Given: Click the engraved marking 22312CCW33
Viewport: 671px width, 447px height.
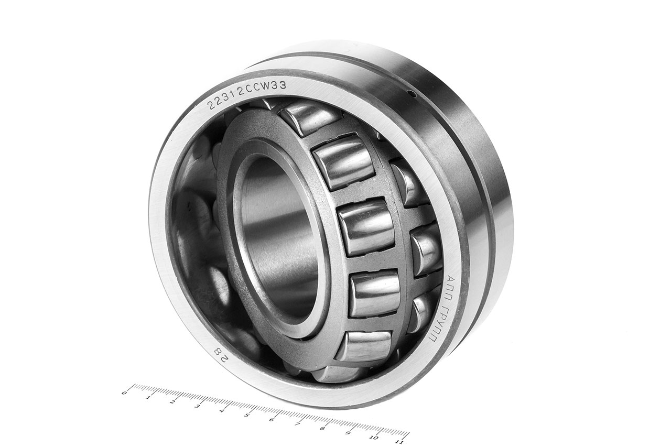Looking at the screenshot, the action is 247,95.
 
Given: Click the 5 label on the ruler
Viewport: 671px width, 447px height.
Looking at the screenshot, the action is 246,415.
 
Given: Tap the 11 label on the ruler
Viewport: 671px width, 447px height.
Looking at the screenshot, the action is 399,442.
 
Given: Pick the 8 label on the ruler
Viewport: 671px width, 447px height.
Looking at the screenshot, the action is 322,429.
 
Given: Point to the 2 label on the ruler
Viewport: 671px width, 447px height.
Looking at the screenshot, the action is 172,401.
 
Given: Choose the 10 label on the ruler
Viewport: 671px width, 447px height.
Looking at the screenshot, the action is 374,438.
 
